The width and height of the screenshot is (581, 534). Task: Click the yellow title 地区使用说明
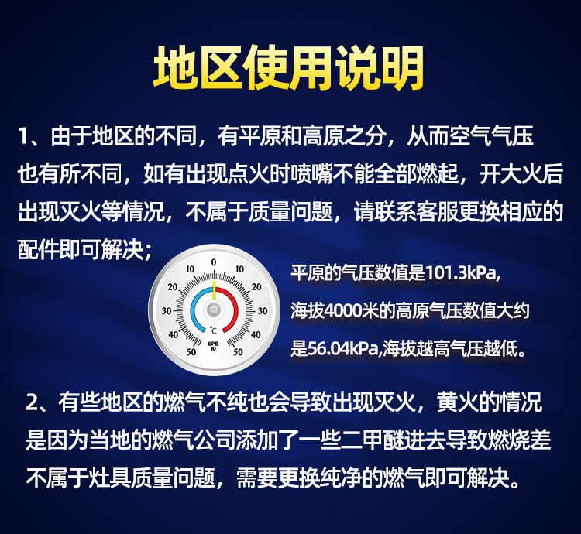(289, 68)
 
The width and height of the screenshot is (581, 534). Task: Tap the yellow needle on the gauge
(214, 290)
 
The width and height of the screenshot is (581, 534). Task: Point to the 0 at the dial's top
(214, 262)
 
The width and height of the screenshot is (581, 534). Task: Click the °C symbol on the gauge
(213, 330)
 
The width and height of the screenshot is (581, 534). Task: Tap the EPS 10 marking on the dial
(213, 346)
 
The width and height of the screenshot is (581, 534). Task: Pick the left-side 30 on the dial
(167, 311)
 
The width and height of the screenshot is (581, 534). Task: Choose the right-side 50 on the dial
(239, 352)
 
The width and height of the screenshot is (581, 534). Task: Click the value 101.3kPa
(462, 273)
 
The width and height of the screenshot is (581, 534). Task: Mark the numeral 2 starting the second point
(31, 403)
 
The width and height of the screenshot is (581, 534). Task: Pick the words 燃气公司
(194, 440)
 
